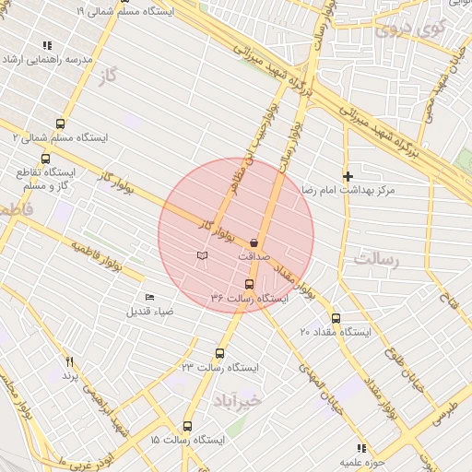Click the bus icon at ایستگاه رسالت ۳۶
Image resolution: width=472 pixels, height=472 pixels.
point(249,284)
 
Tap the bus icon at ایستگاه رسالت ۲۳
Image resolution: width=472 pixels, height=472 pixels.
point(219,353)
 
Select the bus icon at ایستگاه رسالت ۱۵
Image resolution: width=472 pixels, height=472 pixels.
point(188,426)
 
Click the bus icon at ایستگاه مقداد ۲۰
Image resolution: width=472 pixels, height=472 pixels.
point(335,318)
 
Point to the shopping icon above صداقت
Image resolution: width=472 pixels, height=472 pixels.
point(254,242)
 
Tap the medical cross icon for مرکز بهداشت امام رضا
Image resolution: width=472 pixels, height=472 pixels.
point(348,176)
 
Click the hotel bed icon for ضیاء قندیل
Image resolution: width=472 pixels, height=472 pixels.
point(150,297)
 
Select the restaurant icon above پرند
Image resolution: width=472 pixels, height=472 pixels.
point(70,362)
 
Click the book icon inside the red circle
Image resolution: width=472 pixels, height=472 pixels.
point(202,254)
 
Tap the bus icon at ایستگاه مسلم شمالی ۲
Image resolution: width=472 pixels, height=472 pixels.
point(61,124)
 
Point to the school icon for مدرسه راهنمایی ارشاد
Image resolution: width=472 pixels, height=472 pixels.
point(47,45)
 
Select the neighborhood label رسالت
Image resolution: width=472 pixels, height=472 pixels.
point(379,259)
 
